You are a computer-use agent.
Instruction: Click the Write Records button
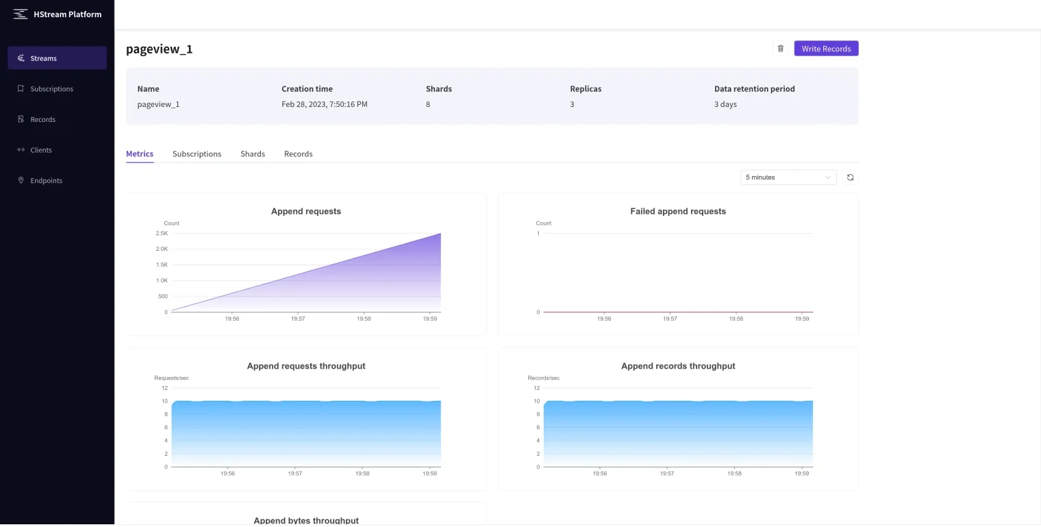coord(826,49)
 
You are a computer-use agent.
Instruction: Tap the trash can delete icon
coord(780,49)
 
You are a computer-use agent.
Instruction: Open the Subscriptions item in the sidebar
coord(51,89)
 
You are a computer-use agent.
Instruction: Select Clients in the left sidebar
coord(41,150)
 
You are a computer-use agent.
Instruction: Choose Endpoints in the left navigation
coord(46,181)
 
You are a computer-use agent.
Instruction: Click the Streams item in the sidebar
coord(43,58)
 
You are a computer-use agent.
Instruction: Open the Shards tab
coord(253,154)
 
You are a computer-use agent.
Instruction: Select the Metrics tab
coord(140,154)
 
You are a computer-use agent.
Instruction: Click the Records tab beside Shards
coord(298,154)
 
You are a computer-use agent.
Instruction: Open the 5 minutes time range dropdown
coord(788,177)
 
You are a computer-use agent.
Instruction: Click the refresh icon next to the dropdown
coord(851,177)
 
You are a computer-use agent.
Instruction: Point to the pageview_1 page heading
coord(160,49)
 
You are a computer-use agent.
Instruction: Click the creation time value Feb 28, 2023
coord(324,105)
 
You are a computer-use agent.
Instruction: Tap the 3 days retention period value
coord(725,105)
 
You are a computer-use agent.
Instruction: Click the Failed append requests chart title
coord(678,211)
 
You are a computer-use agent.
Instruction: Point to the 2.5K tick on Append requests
coord(162,234)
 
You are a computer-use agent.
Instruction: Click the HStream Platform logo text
coord(67,14)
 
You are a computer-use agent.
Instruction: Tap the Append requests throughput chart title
coord(306,366)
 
